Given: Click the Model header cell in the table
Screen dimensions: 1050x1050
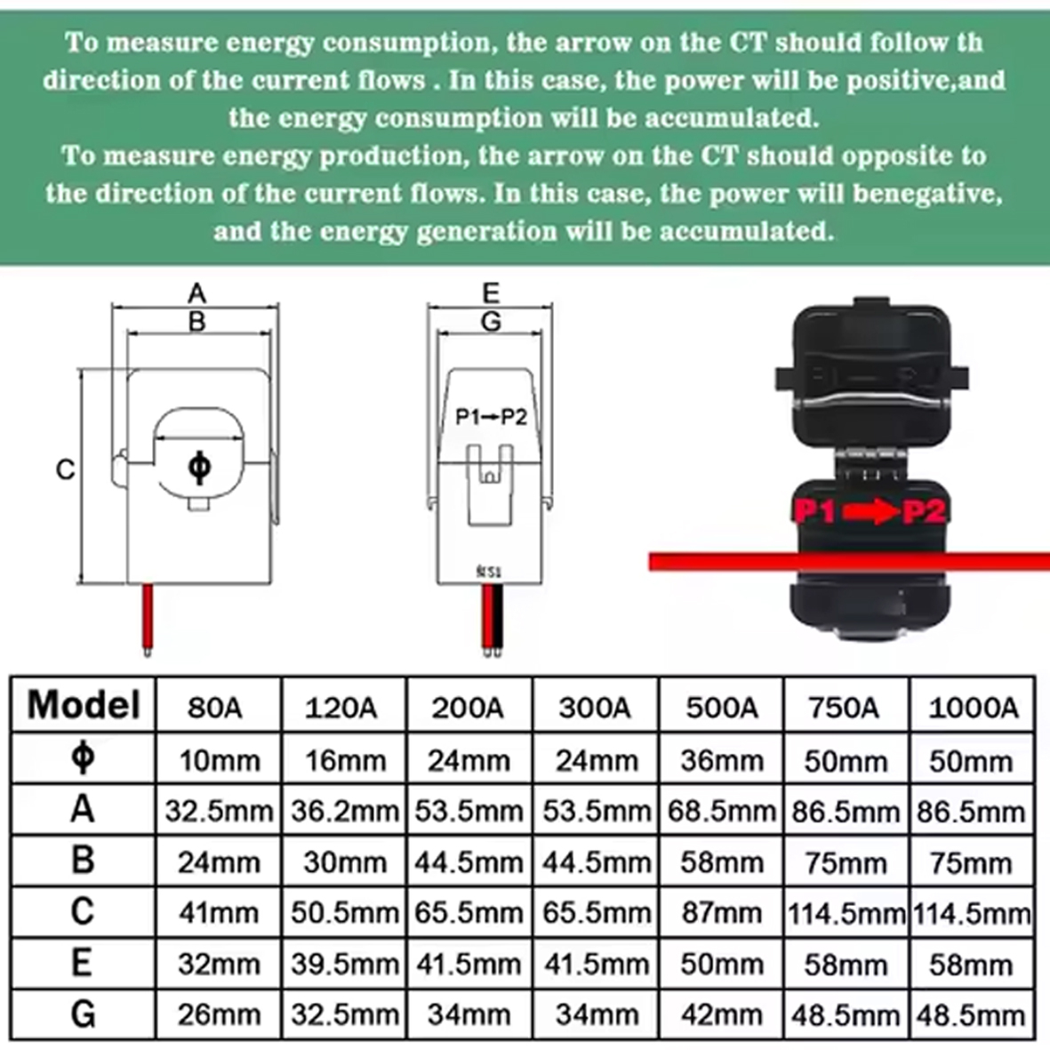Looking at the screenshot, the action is (84, 705).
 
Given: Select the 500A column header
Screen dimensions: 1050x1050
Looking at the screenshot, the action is (722, 708).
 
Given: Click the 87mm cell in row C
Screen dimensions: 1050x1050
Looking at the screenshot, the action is (722, 913).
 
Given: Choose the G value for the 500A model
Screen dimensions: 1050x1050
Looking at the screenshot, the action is (722, 1015).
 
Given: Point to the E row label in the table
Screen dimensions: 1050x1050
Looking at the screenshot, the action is (82, 964).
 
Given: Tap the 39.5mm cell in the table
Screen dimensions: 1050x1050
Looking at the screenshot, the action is (345, 965).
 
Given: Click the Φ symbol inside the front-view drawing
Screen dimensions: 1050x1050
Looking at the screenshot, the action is (199, 467).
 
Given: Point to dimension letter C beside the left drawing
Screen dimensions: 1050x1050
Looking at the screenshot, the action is (65, 469).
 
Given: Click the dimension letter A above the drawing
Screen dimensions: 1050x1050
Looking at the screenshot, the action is (196, 293).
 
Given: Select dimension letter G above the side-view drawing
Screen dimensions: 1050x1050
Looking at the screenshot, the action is (492, 322).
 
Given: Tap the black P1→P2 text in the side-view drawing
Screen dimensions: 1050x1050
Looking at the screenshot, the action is (491, 416).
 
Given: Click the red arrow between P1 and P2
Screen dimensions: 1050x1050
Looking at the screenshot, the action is (870, 513).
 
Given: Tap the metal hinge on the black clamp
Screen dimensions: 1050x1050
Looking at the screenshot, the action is (870, 462).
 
